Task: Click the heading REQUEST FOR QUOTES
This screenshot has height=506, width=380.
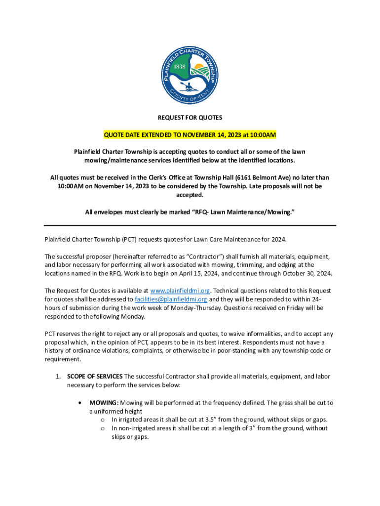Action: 190,118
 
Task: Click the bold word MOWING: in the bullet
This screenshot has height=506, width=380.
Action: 104,403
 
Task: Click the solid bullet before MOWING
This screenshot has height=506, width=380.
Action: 80,403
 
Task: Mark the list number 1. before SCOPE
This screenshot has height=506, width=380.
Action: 58,377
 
